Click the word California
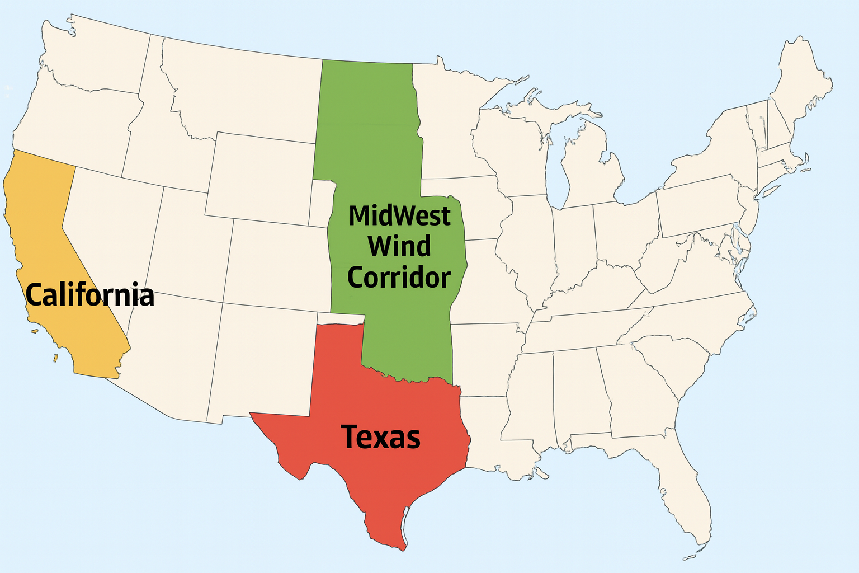89,295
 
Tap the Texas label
380,437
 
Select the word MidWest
399,216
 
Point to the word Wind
399,246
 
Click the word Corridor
399,278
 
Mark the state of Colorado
277,263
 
